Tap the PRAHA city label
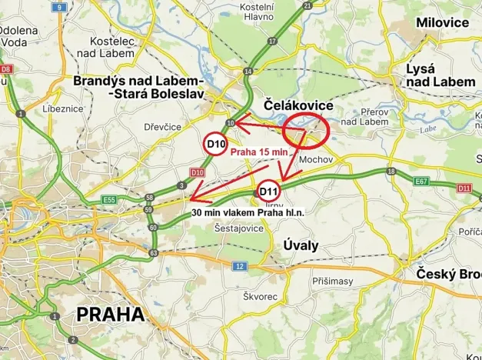(110, 314)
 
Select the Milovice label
(442, 22)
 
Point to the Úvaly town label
(295, 245)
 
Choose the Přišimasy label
(332, 281)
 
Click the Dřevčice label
(162, 126)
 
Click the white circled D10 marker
(216, 144)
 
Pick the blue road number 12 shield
(240, 266)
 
